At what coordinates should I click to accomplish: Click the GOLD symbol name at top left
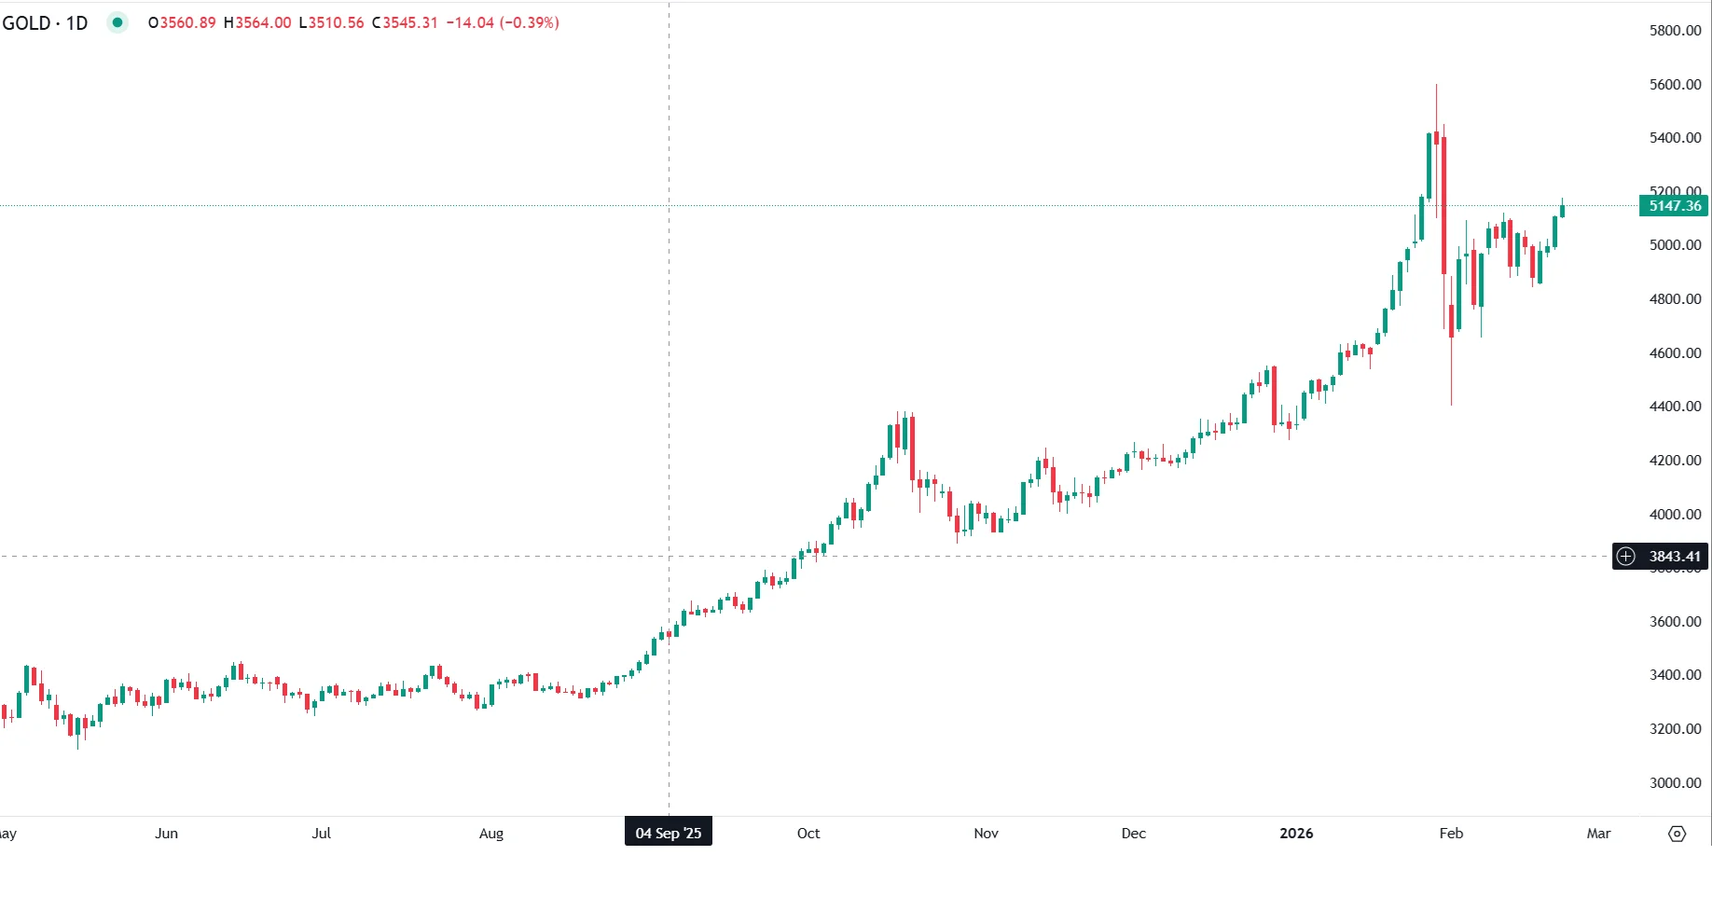[x=26, y=22]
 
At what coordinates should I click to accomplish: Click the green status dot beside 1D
[x=117, y=22]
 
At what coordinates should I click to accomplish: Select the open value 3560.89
[x=187, y=22]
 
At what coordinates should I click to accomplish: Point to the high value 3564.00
[x=262, y=22]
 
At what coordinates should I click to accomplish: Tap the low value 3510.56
[x=336, y=22]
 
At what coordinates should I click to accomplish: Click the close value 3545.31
[x=409, y=22]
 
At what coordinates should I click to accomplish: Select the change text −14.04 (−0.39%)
[x=503, y=22]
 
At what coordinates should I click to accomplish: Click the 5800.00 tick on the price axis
[x=1675, y=31]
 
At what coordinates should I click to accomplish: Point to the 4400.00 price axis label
[x=1675, y=407]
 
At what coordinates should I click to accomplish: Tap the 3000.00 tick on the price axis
[x=1675, y=783]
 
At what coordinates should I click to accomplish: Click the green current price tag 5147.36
[x=1674, y=206]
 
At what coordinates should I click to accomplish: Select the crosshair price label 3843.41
[x=1675, y=557]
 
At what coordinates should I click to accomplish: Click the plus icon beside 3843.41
[x=1626, y=557]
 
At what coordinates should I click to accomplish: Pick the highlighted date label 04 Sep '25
[x=668, y=833]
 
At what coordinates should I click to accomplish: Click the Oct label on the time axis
[x=808, y=833]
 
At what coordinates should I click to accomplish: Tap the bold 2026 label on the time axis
[x=1296, y=833]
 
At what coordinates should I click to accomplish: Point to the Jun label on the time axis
[x=166, y=833]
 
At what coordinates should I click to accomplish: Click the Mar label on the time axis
[x=1598, y=833]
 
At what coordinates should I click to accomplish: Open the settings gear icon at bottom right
[x=1677, y=834]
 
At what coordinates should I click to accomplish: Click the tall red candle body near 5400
[x=1443, y=205]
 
